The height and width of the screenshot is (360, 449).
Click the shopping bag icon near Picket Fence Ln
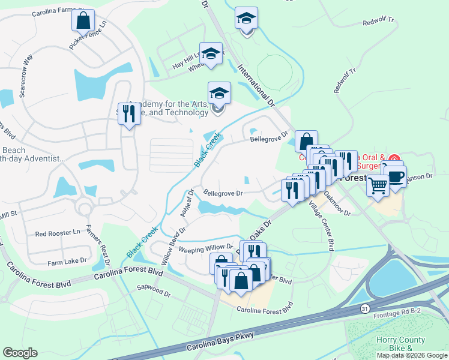(x=83, y=20)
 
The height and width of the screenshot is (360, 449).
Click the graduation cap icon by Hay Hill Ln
(x=211, y=53)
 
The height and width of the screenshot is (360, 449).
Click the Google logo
(x=20, y=352)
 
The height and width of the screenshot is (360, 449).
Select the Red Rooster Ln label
(x=58, y=233)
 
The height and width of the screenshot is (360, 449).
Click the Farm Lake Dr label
(x=67, y=261)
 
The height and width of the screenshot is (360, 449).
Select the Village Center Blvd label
(x=321, y=226)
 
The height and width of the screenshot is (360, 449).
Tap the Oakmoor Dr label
(x=337, y=204)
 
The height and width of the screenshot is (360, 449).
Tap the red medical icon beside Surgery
(x=394, y=159)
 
